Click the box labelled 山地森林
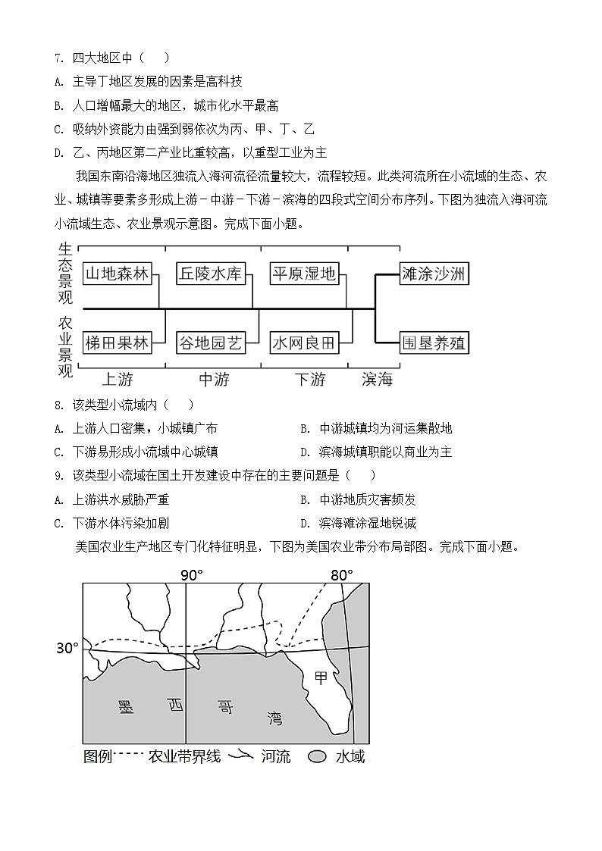click(x=117, y=274)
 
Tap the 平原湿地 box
click(x=303, y=274)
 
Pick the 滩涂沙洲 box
click(x=434, y=274)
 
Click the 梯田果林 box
click(x=117, y=343)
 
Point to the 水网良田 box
click(x=303, y=343)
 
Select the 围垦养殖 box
click(x=434, y=343)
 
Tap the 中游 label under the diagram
click(x=213, y=379)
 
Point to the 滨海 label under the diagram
click(x=377, y=379)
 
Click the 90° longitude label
click(x=192, y=575)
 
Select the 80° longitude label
click(x=342, y=575)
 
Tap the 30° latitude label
click(x=67, y=648)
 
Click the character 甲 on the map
click(x=321, y=678)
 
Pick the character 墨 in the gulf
click(x=126, y=707)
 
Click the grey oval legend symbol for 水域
click(x=318, y=756)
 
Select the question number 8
click(x=58, y=405)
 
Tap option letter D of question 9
click(x=304, y=523)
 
